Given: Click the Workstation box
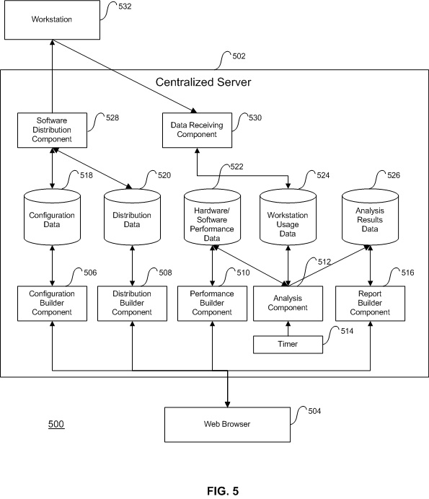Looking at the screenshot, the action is coord(52,19).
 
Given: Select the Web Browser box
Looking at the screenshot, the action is coord(227,424).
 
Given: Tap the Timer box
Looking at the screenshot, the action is coord(288,345).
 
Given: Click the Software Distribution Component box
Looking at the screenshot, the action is coord(52,130).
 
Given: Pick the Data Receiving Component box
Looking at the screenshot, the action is coord(197,130).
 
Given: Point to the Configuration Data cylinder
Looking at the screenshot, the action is coord(52,217).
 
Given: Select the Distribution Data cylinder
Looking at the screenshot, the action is coord(132,217).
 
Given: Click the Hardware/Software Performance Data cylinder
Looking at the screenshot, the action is coord(212,217).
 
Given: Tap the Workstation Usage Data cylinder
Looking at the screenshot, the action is coord(288,217).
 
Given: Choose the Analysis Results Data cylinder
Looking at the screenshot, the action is coord(370,217).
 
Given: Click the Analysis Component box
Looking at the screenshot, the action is coord(288,304).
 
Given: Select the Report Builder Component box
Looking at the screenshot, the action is coord(370,304).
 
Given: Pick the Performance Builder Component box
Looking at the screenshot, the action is coord(212,304).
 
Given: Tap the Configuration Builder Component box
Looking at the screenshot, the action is coord(52,304).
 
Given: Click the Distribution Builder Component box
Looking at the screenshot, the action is coord(132,304).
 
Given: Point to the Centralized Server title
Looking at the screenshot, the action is coord(203,82).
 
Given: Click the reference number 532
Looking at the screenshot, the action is coord(125,6).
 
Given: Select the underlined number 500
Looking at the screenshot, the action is coord(56,424).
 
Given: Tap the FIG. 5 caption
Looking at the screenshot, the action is coord(223,491).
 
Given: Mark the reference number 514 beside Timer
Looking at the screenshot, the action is coord(347,331).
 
